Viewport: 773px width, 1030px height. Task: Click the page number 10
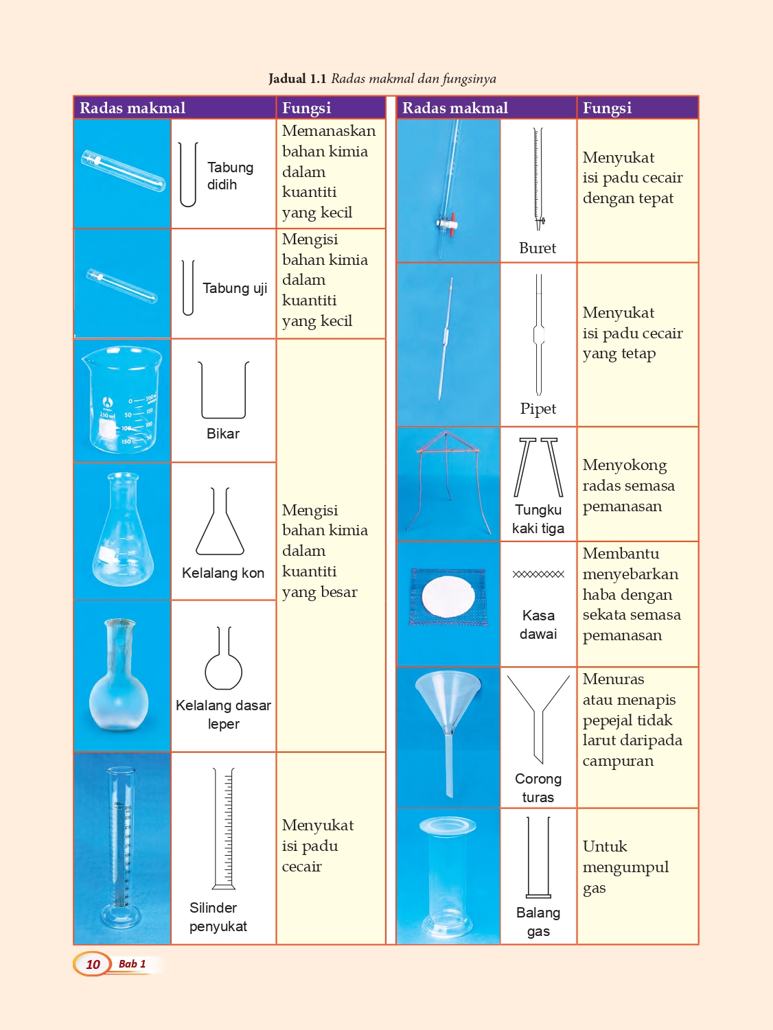pyautogui.click(x=93, y=964)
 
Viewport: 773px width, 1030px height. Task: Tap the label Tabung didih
pyautogui.click(x=230, y=176)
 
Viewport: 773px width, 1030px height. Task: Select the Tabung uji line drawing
pyautogui.click(x=188, y=288)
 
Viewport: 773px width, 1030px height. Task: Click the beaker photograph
pyautogui.click(x=122, y=400)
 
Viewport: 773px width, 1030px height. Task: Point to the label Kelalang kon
pyautogui.click(x=223, y=573)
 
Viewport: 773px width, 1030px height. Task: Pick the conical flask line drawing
pyautogui.click(x=220, y=522)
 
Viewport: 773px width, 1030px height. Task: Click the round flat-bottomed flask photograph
pyautogui.click(x=119, y=675)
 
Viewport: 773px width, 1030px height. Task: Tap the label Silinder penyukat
pyautogui.click(x=218, y=917)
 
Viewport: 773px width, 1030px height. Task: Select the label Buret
pyautogui.click(x=538, y=248)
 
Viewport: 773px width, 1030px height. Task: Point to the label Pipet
pyautogui.click(x=538, y=409)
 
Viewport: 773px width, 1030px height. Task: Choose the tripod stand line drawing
pyautogui.click(x=538, y=467)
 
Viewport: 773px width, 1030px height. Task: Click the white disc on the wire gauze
pyautogui.click(x=448, y=596)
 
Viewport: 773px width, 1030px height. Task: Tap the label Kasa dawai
pyautogui.click(x=538, y=624)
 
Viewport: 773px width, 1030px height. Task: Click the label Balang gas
pyautogui.click(x=538, y=922)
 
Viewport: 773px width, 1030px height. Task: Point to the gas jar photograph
pyautogui.click(x=448, y=876)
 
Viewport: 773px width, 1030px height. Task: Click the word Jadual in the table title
pyautogui.click(x=287, y=78)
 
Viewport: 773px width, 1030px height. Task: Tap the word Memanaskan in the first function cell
pyautogui.click(x=329, y=130)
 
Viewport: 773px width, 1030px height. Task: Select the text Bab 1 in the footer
pyautogui.click(x=132, y=964)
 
